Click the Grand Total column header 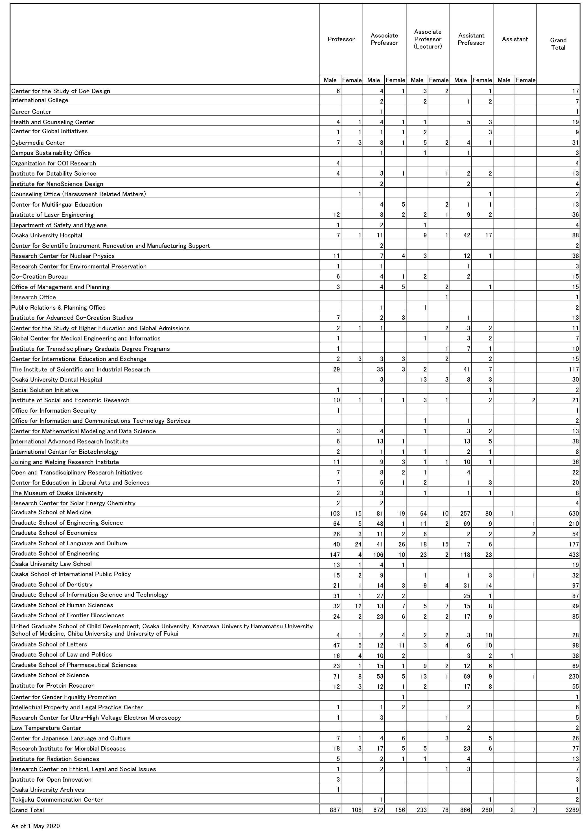pos(558,44)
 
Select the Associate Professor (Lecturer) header pos(428,39)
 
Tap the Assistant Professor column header pos(471,39)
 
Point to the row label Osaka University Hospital pos(47,235)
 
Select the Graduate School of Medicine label pos(51,512)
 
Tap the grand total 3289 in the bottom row pos(572,810)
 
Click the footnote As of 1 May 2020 pos(35,826)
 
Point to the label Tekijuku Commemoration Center pos(57,799)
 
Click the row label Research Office pos(33,297)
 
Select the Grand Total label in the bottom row pos(28,810)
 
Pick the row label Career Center pos(31,112)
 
